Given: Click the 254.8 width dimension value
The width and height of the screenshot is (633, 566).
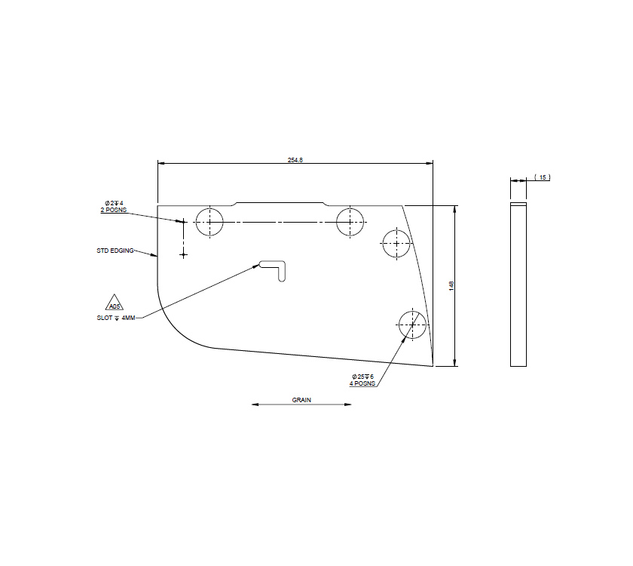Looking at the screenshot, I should [295, 159].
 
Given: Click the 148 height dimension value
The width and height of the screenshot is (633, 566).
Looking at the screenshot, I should [451, 285].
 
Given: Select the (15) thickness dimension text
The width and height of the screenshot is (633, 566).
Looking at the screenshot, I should [543, 177].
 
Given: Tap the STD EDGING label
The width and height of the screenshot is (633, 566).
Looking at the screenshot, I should [115, 251].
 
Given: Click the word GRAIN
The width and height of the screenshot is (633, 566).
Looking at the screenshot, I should [301, 400].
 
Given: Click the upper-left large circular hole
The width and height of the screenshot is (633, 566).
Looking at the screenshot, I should [209, 222].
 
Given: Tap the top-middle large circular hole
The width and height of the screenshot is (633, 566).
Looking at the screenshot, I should [350, 222].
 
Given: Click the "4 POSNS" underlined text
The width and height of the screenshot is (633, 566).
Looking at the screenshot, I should [362, 383].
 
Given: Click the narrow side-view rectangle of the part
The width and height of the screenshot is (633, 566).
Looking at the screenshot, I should [518, 285].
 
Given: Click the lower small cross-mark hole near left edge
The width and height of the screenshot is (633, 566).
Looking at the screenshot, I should [183, 255].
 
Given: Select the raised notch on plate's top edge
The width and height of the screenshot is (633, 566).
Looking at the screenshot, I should [280, 203].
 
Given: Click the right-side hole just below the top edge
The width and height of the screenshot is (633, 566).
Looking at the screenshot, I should [396, 242].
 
